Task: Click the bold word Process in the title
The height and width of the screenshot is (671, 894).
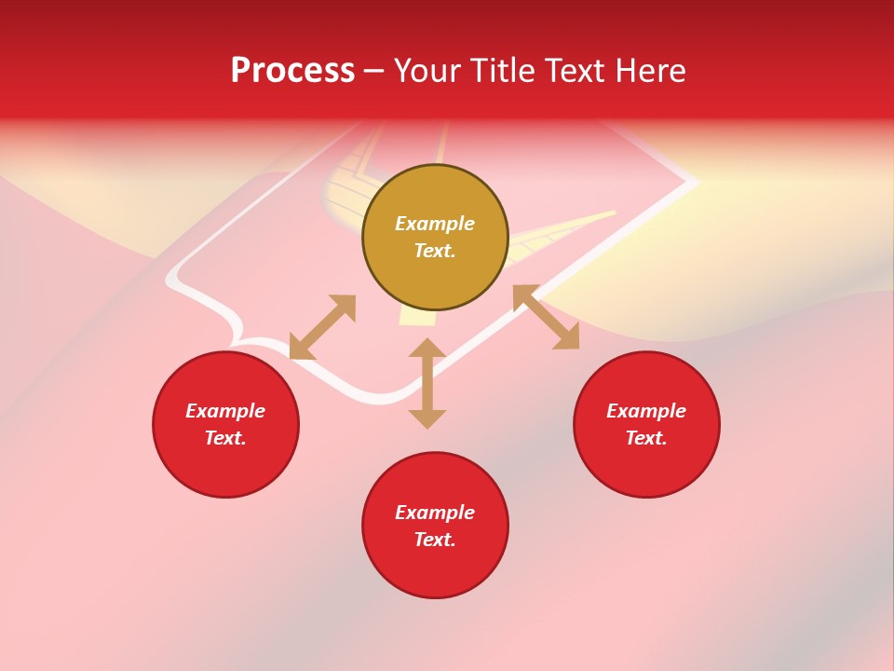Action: tap(292, 71)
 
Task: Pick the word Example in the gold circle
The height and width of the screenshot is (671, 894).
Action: tap(435, 224)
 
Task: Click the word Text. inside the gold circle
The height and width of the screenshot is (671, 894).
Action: tap(435, 251)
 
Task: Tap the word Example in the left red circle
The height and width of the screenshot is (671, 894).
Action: tap(225, 411)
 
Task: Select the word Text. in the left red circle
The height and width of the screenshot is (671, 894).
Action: tap(225, 438)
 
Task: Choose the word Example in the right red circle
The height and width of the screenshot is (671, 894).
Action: tap(646, 411)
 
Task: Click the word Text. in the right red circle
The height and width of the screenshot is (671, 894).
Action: tap(646, 438)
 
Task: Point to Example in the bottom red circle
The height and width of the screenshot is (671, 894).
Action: tap(435, 513)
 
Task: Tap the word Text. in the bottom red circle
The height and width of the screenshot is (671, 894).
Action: tap(435, 540)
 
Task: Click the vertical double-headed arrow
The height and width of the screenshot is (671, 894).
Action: tap(427, 383)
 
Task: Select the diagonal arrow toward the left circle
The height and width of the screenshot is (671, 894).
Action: tap(322, 327)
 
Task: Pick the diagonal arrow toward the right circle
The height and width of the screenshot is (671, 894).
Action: tap(546, 317)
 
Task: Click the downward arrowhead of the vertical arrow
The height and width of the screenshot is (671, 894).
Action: tap(427, 418)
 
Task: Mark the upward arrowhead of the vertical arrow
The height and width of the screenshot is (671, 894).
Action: tap(427, 348)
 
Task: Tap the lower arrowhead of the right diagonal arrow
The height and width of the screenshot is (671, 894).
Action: tap(568, 338)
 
